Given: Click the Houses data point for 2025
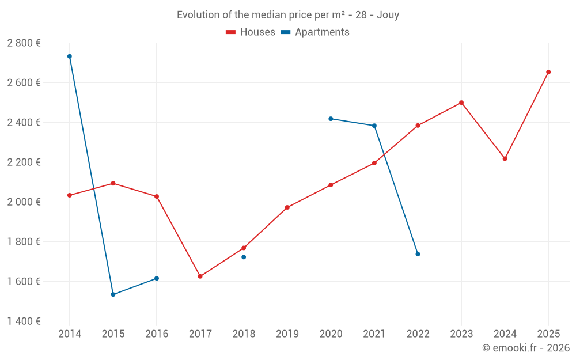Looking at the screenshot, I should [548, 72].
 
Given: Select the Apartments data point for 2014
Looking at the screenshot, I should [70, 56].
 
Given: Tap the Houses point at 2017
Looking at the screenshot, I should [200, 276].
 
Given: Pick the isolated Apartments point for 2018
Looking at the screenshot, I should [244, 257].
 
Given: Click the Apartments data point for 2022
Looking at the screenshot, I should [418, 254].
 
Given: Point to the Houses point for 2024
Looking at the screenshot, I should [505, 158].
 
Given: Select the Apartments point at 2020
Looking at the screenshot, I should [331, 119].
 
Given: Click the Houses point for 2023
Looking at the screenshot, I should [461, 103].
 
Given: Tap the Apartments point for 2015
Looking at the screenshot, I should [113, 294].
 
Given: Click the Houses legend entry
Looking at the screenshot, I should [251, 32].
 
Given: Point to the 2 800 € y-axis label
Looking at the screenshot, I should [24, 43].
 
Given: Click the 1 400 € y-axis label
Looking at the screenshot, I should [24, 321].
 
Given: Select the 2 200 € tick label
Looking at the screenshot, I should [24, 162].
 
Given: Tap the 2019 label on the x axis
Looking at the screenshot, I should [287, 334].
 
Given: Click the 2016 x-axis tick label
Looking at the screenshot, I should [157, 334].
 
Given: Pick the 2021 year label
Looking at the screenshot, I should [374, 334].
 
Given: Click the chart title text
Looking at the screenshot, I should [288, 15].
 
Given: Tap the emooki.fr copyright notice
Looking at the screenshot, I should [525, 348].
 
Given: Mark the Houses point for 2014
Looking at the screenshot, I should [70, 195].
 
